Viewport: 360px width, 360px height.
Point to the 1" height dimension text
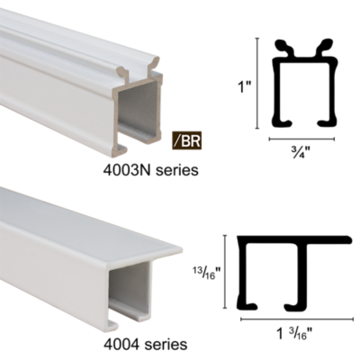[x=243, y=87]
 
